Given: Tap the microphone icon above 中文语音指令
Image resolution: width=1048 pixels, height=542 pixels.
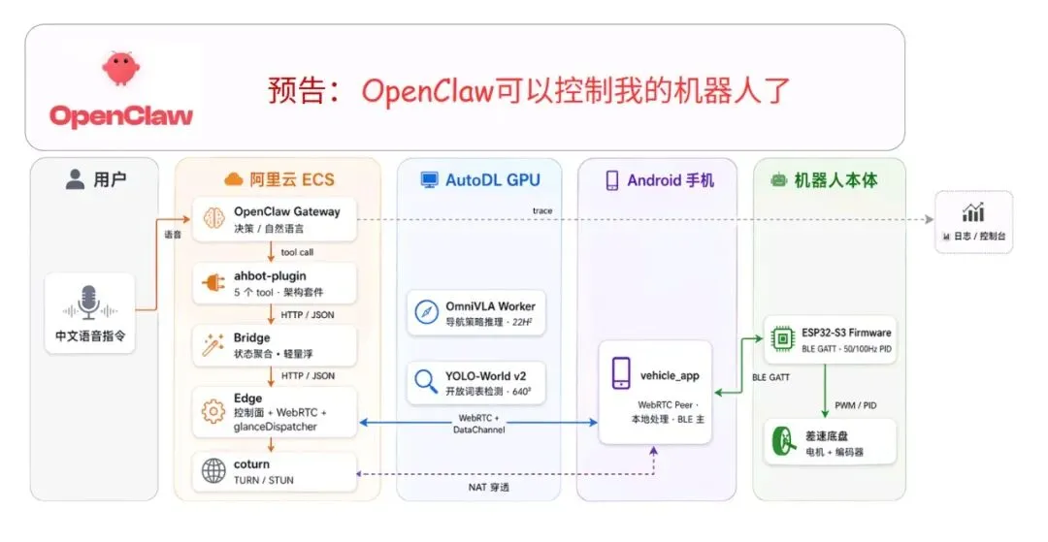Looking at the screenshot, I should (89, 303).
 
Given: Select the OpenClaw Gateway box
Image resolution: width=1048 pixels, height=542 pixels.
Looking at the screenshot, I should (275, 219).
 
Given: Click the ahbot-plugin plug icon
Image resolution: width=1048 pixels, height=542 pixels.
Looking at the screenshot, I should (213, 283).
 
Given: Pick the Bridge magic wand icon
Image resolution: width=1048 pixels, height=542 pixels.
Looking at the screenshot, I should (213, 345).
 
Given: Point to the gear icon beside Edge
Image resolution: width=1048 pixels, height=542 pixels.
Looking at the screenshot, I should (213, 411).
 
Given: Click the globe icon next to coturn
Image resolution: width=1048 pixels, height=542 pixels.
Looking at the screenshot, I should (213, 471).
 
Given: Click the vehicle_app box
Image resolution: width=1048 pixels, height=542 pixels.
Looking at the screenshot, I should (655, 391).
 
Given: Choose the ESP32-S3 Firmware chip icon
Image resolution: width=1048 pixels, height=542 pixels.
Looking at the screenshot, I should (782, 338).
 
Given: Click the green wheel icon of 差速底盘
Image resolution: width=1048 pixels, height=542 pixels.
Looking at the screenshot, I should (782, 443).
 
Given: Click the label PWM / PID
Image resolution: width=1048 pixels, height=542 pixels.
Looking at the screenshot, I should (856, 404).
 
